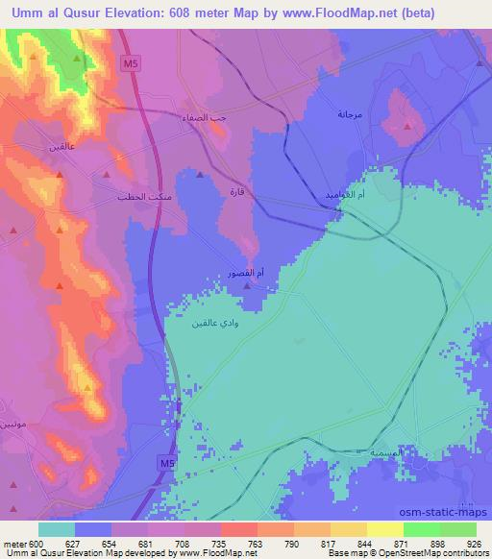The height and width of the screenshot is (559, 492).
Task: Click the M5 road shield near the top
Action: [131, 63]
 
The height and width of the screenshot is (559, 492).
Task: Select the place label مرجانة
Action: [351, 114]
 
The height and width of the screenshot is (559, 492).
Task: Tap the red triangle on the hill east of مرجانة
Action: [407, 126]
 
